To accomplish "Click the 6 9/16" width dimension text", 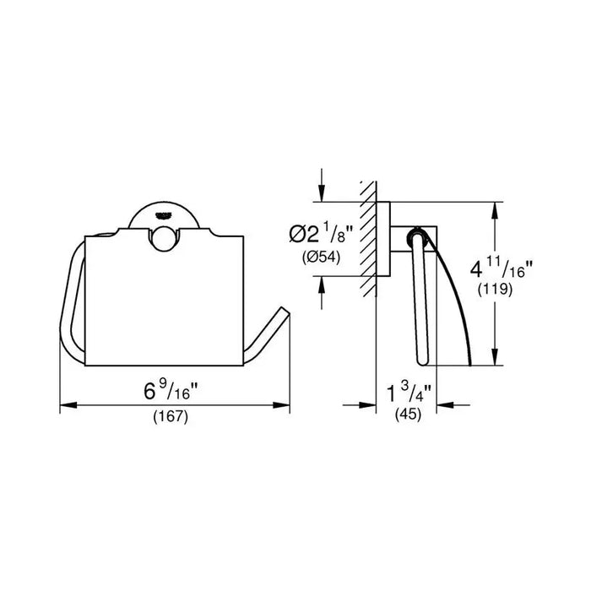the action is pos(171,390).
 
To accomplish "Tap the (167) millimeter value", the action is pos(171,417).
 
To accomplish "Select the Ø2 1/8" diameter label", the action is pos(321,234).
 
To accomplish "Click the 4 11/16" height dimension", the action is pos(502,268).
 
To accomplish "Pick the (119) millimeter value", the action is pos(495,289).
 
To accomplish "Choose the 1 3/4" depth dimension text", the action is pos(409,393).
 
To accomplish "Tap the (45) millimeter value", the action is pos(408,415).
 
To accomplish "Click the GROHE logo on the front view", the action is pos(163,215).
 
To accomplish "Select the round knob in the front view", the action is pos(165,239).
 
